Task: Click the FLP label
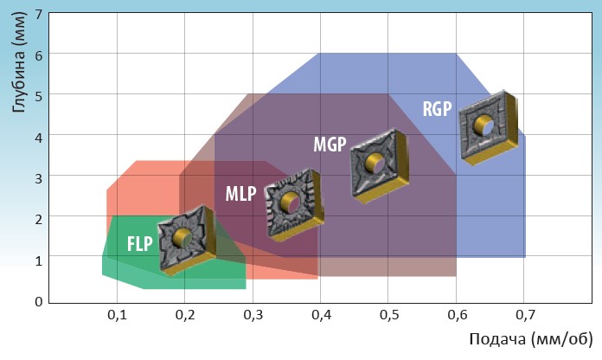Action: pos(139,242)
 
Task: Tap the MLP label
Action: pos(240,194)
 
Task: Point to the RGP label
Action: pos(437,108)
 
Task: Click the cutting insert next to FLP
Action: pos(185,239)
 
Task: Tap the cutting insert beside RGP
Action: pos(490,127)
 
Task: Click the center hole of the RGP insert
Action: pos(490,127)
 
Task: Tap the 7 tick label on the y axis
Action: pos(39,14)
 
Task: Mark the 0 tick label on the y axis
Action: pos(39,301)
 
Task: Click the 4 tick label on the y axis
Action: pos(39,136)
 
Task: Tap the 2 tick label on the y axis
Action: pos(39,219)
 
